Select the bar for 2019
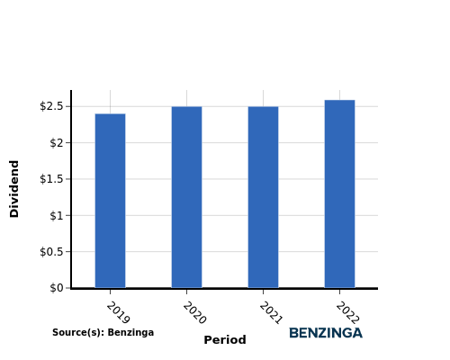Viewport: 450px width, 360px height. tap(110, 201)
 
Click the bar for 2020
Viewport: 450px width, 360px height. tap(186, 197)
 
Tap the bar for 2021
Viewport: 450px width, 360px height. tap(263, 197)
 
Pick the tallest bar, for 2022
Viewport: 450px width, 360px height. tap(339, 193)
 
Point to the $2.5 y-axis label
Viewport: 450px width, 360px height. tap(51, 106)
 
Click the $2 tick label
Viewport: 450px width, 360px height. tap(57, 143)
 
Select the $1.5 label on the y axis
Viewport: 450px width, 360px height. tap(51, 179)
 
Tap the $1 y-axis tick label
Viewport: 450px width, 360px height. tap(57, 215)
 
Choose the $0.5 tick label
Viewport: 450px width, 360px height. tap(51, 252)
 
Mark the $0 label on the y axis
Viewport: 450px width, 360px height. tap(57, 288)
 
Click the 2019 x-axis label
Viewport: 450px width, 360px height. tap(118, 313)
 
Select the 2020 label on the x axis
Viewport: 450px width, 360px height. tap(194, 313)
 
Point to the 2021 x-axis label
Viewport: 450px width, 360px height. tap(271, 313)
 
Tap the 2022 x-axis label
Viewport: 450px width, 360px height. tap(347, 313)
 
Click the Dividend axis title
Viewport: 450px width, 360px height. tap(14, 189)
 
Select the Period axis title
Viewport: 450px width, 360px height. tap(225, 340)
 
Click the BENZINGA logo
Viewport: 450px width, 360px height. tap(326, 333)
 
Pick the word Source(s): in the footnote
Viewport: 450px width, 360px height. tap(78, 332)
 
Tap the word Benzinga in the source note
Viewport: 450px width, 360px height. tap(130, 333)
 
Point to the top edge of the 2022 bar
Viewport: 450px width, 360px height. tap(339, 100)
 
